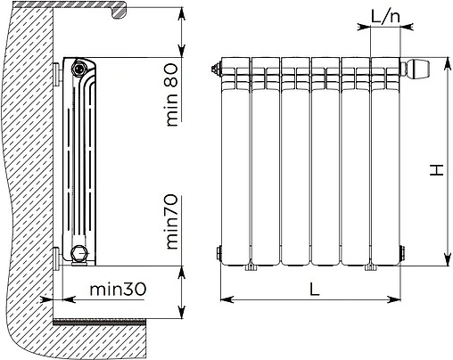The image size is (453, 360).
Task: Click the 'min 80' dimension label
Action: click(x=172, y=94)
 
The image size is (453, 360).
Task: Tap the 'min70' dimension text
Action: click(x=172, y=222)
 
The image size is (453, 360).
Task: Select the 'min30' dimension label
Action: click(x=118, y=289)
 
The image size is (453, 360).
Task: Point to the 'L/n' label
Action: click(x=385, y=17)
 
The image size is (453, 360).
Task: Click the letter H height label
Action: click(x=437, y=169)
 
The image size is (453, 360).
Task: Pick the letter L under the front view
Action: click(x=315, y=289)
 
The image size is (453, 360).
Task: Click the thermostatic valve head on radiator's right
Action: click(x=416, y=69)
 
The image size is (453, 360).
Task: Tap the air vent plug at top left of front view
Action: click(x=217, y=69)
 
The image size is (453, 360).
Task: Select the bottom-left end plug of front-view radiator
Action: click(x=219, y=253)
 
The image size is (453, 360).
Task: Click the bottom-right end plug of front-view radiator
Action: click(x=402, y=253)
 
